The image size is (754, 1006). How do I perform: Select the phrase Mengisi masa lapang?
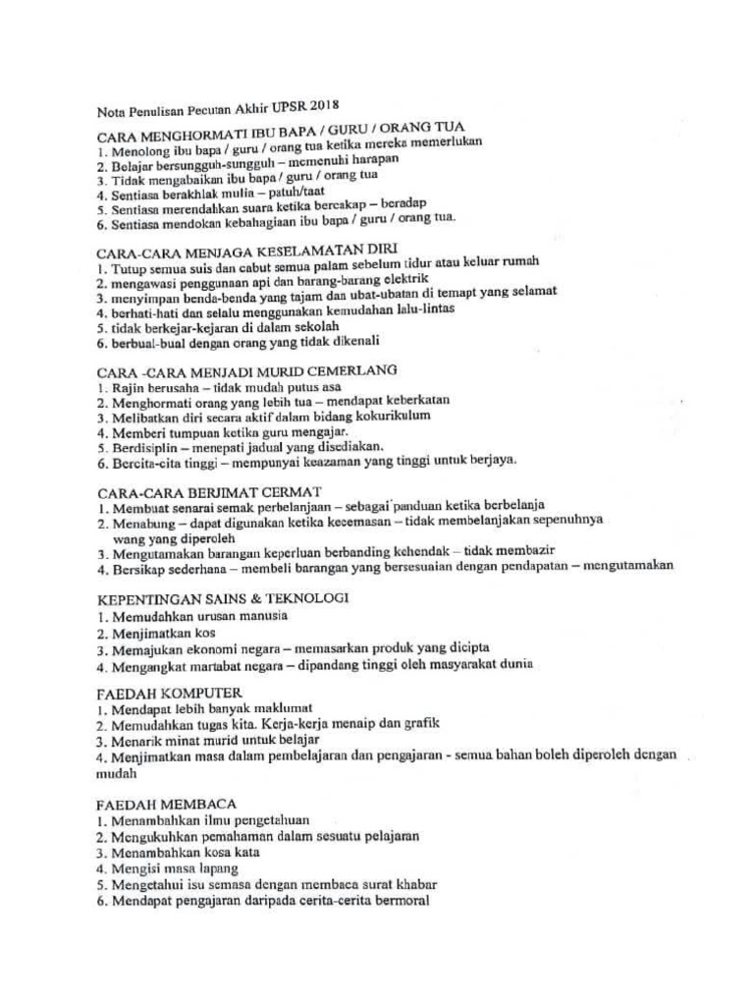pyautogui.click(x=173, y=868)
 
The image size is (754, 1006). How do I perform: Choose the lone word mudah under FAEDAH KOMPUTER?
pyautogui.click(x=116, y=773)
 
